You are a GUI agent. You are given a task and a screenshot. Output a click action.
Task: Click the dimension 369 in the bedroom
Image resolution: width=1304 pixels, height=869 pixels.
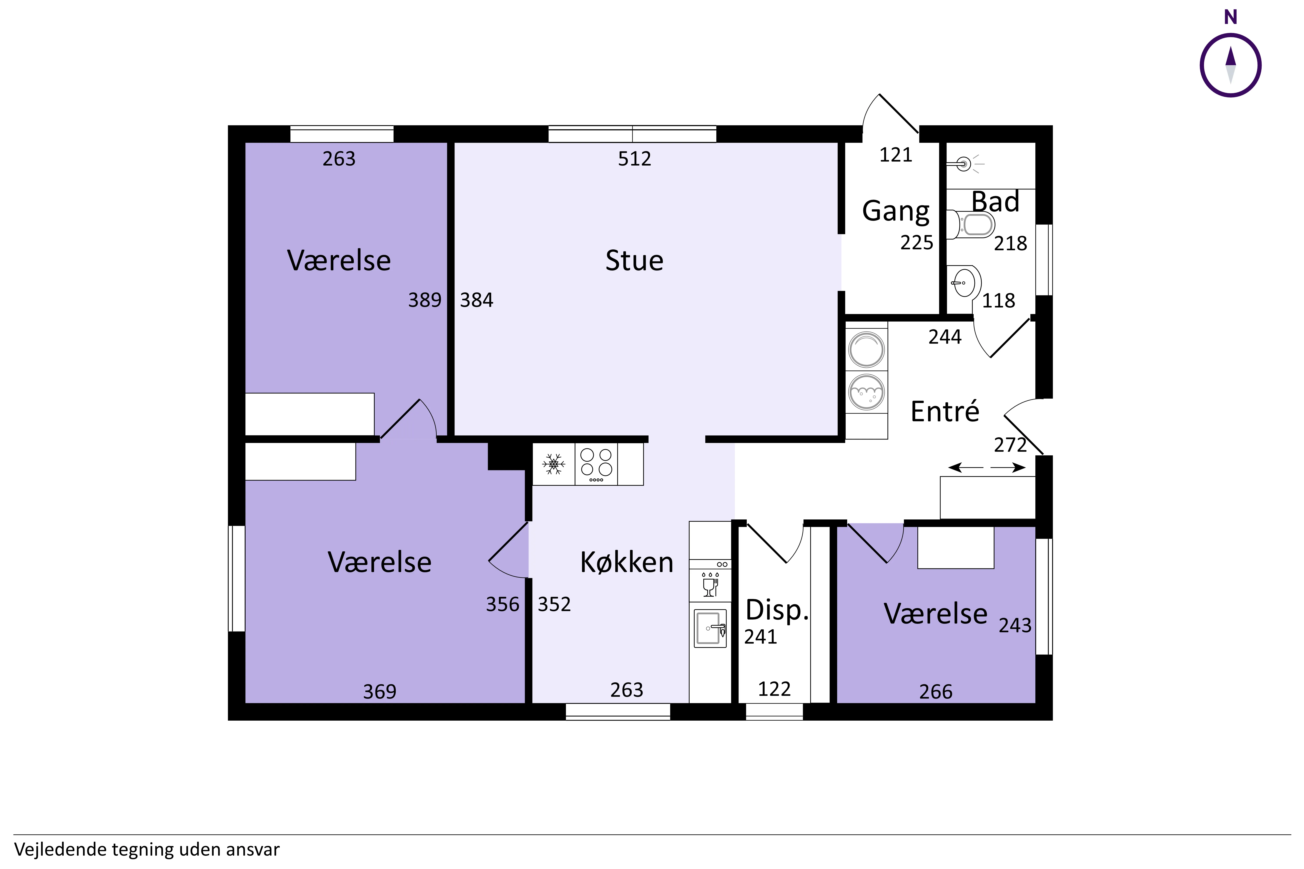pos(380,692)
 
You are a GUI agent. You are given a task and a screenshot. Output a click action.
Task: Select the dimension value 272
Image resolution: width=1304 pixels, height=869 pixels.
pos(1010,444)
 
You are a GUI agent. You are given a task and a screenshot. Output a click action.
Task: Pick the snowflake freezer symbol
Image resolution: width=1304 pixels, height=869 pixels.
pos(553,464)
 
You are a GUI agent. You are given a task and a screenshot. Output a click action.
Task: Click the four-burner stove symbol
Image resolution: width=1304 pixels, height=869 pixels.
pos(596,464)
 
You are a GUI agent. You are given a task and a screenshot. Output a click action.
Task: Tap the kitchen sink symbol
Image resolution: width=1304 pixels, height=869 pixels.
pos(710,629)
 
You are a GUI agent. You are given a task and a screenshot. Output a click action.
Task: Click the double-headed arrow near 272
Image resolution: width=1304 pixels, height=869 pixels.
pos(987,468)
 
